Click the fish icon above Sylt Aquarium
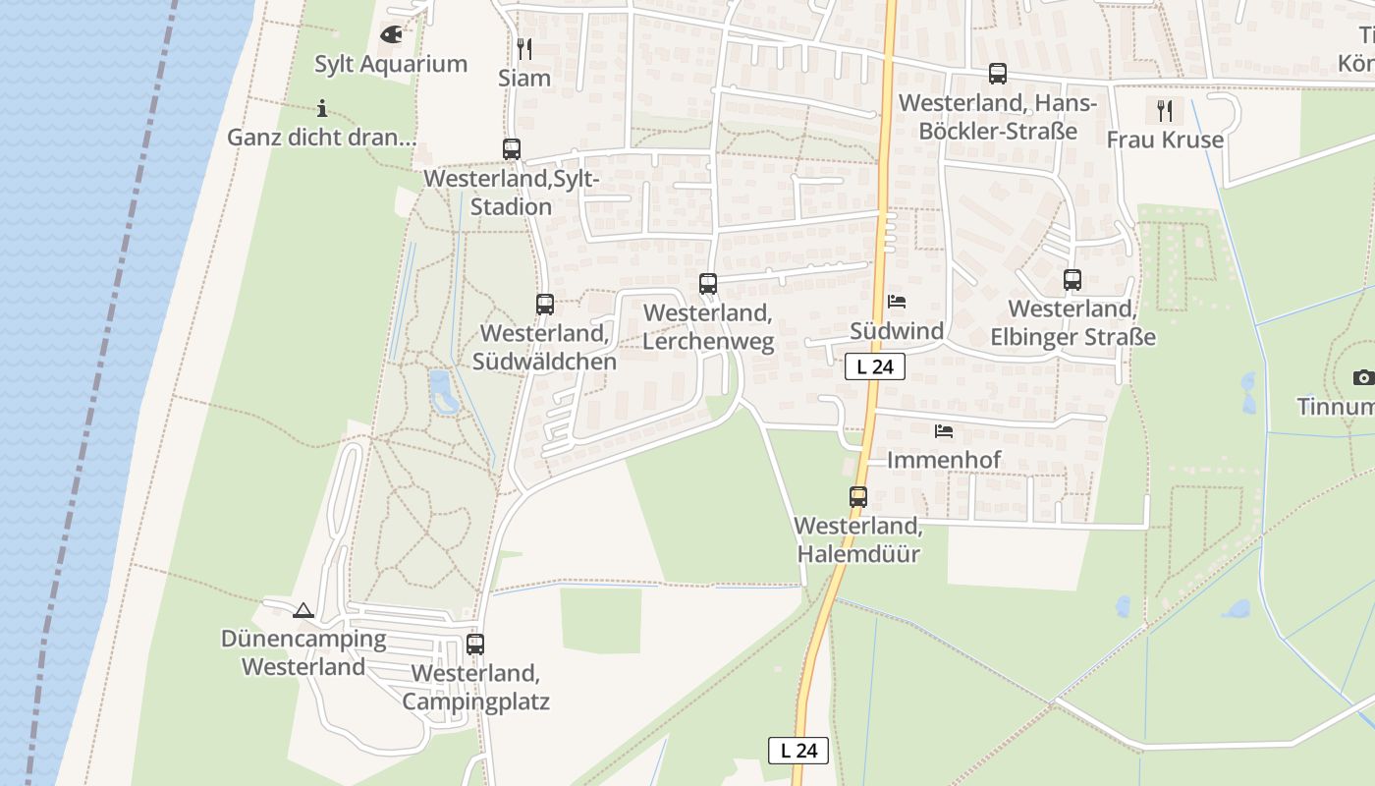pyautogui.click(x=391, y=35)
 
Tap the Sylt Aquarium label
pyautogui.click(x=391, y=65)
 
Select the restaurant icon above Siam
pyautogui.click(x=524, y=48)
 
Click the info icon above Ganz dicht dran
pyautogui.click(x=322, y=108)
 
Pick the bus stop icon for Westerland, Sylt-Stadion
pyautogui.click(x=512, y=149)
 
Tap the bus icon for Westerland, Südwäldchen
pyautogui.click(x=545, y=305)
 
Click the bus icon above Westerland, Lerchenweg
pyautogui.click(x=708, y=284)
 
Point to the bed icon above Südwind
pyautogui.click(x=897, y=302)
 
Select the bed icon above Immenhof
pyautogui.click(x=944, y=430)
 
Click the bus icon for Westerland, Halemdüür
pyautogui.click(x=858, y=497)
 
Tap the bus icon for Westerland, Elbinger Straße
pyautogui.click(x=1072, y=280)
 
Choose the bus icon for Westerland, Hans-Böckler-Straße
pyautogui.click(x=998, y=74)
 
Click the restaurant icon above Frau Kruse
pyautogui.click(x=1165, y=110)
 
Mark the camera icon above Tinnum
pyautogui.click(x=1363, y=377)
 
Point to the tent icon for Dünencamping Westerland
pyautogui.click(x=303, y=610)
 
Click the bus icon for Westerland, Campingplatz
pyautogui.click(x=475, y=645)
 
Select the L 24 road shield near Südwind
pyautogui.click(x=874, y=366)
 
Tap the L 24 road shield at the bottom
pyautogui.click(x=797, y=751)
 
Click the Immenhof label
pyautogui.click(x=944, y=460)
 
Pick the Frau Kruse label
pyautogui.click(x=1165, y=140)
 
